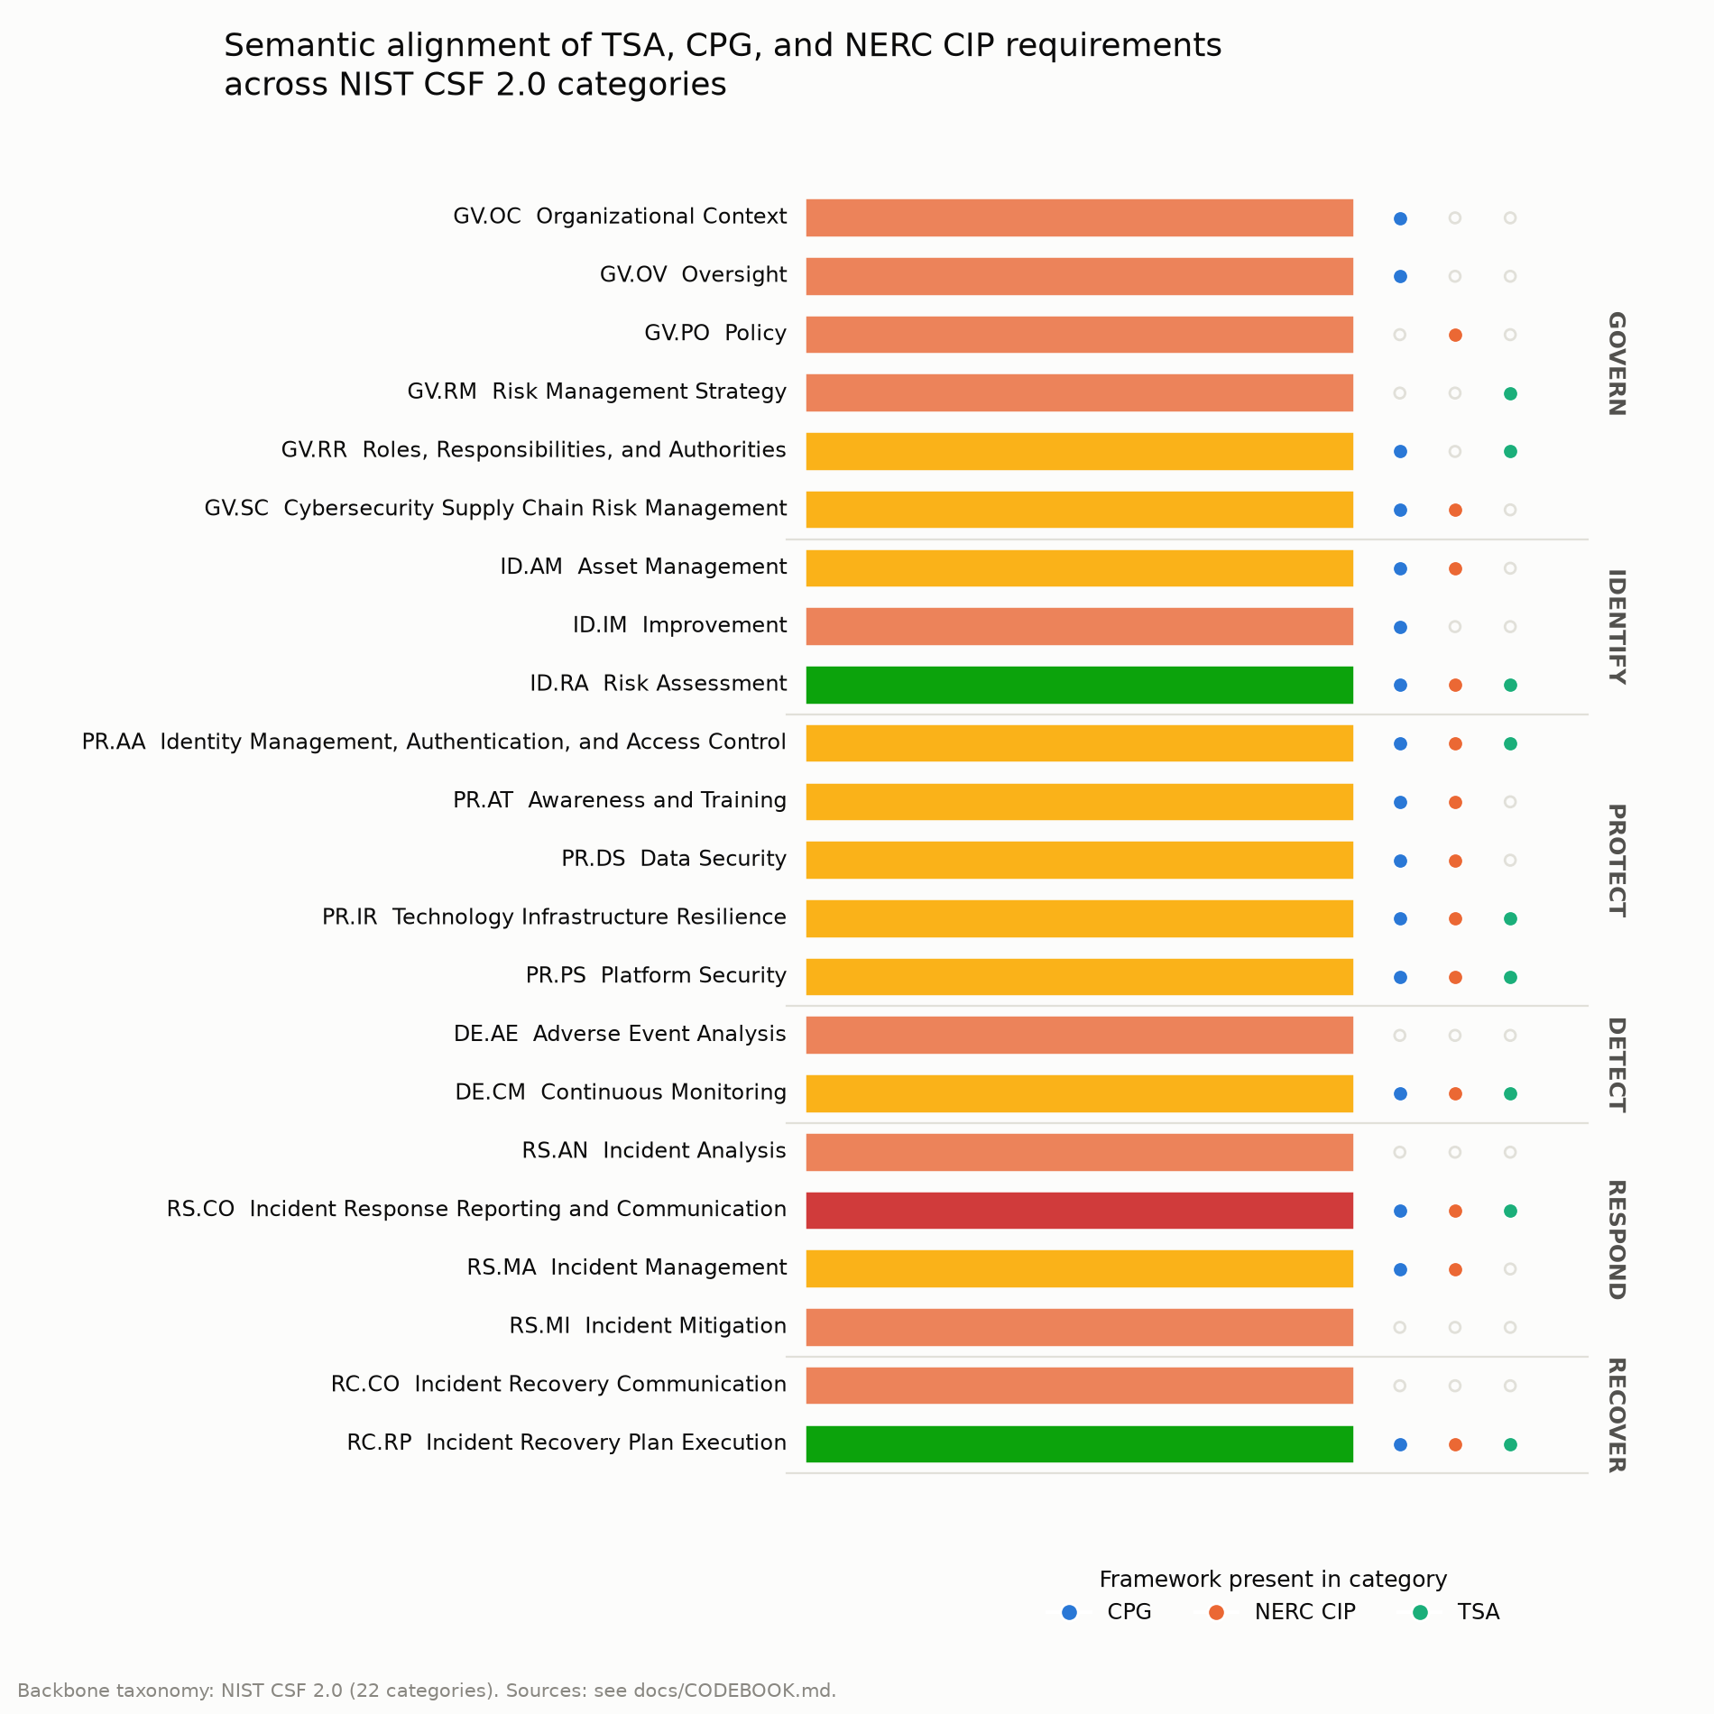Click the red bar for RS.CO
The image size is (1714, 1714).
pos(1079,1211)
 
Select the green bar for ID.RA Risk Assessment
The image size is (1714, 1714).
pos(1079,685)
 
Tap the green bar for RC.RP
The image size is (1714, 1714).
pos(1079,1444)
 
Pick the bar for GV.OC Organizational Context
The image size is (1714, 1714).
pos(1079,218)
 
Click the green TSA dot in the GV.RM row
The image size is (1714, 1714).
pos(1510,393)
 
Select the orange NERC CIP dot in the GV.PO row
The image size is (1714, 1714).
pos(1455,336)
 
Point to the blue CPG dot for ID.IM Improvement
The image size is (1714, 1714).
pos(1400,627)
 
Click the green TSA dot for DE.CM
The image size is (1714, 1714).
pos(1510,1094)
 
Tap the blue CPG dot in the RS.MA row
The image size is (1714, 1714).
pos(1400,1269)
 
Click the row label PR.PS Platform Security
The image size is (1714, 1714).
pos(656,976)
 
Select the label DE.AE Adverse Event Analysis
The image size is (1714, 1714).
pos(620,1034)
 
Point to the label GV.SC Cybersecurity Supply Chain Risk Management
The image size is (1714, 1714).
pos(495,509)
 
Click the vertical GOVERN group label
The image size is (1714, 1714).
pos(1617,364)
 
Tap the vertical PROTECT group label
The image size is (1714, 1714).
pos(1617,861)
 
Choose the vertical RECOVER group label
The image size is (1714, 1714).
pos(1617,1415)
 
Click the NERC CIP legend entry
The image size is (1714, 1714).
pos(1282,1612)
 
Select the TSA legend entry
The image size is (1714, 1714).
pos(1456,1612)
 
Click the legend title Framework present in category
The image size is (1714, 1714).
pos(1273,1580)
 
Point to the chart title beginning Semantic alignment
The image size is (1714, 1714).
pos(723,64)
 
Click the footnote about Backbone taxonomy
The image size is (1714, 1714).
pos(427,1691)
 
